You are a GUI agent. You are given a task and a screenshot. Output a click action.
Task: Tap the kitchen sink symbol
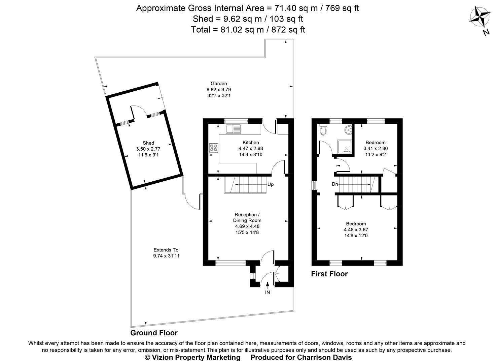pos(233,129)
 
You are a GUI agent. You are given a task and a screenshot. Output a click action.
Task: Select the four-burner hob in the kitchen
pos(214,148)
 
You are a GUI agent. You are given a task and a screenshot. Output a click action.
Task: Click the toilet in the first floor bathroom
pos(323,130)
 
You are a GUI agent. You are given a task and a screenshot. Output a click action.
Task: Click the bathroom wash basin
pos(348,129)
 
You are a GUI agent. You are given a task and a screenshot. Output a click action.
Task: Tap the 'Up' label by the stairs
pos(271,184)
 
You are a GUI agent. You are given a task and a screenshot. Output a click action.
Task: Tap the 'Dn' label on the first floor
pos(334,184)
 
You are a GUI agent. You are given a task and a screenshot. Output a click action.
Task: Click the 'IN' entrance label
pos(268,293)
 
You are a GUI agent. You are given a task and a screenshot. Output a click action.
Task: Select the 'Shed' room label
pos(148,143)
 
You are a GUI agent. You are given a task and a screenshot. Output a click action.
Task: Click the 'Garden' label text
pos(219,84)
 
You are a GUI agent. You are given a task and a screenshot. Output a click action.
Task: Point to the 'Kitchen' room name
pos(251,143)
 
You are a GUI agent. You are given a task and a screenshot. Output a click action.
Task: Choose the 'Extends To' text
pos(166,250)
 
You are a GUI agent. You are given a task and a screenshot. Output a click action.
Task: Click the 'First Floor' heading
pos(329,274)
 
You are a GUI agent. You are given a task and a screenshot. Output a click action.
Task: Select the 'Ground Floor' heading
pos(154,333)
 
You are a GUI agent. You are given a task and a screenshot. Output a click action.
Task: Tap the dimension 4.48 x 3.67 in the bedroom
pos(356,230)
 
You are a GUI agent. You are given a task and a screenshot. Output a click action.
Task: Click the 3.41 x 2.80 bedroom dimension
pos(375,148)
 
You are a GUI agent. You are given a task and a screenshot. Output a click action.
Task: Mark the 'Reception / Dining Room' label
pos(247,217)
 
